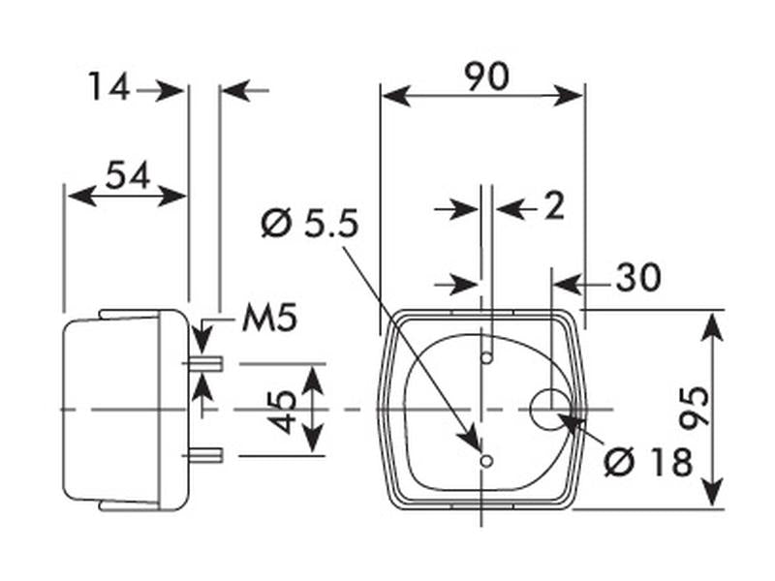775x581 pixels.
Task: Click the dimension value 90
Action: (x=487, y=77)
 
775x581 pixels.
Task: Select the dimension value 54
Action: (x=128, y=175)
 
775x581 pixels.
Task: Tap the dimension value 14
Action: (x=108, y=86)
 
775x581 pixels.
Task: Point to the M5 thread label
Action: (x=270, y=318)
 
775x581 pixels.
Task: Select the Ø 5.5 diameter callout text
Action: (x=310, y=224)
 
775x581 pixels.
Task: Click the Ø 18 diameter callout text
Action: (x=648, y=463)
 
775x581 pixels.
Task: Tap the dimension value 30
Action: (x=638, y=277)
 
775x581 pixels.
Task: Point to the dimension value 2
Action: (x=554, y=206)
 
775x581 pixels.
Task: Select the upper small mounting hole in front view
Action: (x=487, y=357)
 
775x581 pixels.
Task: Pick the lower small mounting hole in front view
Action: (x=487, y=462)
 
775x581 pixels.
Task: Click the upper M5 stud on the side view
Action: (x=206, y=364)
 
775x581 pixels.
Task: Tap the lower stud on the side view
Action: (x=206, y=455)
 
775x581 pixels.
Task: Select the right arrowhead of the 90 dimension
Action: (x=569, y=96)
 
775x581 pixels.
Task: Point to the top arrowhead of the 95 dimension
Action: (x=712, y=327)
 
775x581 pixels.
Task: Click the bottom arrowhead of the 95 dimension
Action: (x=712, y=491)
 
